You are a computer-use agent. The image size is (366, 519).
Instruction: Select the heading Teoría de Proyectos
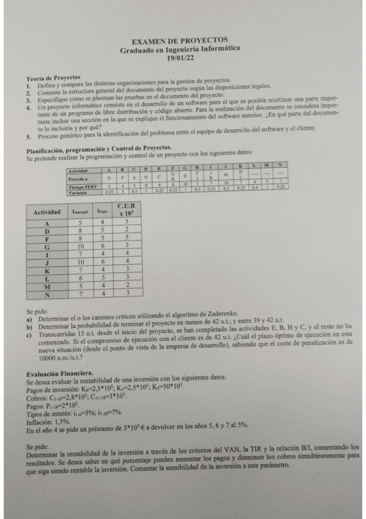[x=54, y=78]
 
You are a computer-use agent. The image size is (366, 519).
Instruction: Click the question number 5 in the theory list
[x=29, y=137]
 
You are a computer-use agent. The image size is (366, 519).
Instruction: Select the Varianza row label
[x=79, y=192]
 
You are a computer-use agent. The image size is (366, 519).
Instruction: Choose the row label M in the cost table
[x=45, y=285]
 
